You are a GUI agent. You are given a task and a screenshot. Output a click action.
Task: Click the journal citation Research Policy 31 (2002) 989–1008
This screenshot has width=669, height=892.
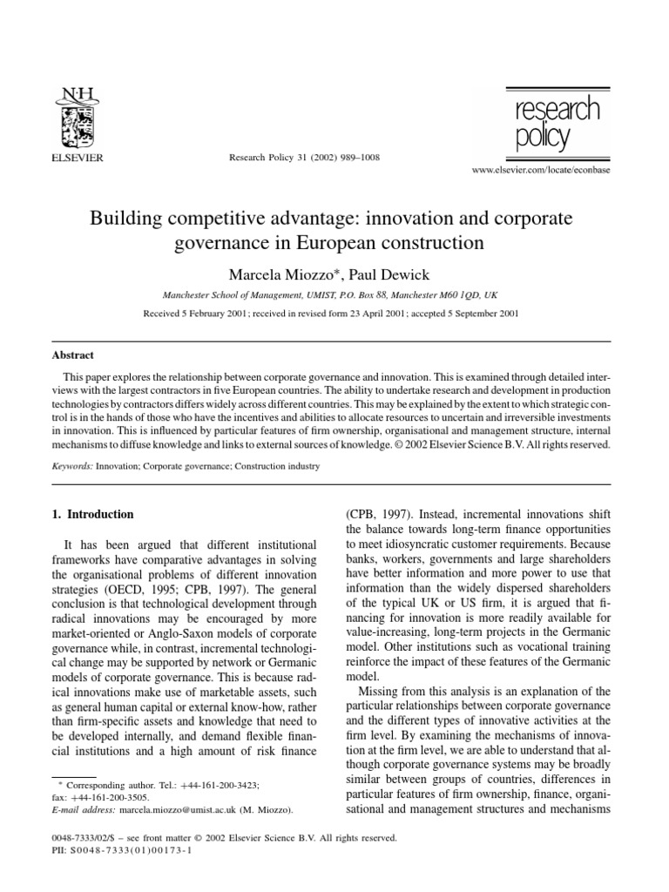point(297,158)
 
